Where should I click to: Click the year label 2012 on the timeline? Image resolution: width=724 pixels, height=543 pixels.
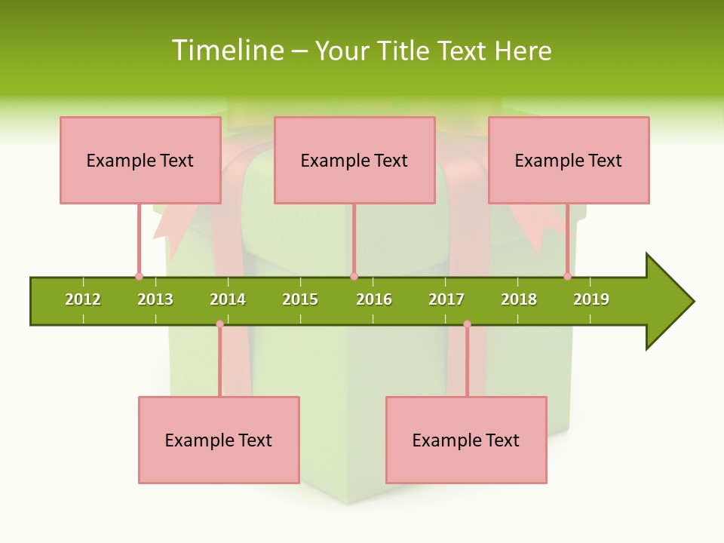tap(83, 300)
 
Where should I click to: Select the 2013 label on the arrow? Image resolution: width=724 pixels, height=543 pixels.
tap(155, 300)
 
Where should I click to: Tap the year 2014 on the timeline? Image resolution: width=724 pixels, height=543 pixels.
tap(228, 300)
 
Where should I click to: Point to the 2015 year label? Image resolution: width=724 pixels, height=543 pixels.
tap(300, 300)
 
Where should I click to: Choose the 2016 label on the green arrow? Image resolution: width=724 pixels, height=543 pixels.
tap(374, 300)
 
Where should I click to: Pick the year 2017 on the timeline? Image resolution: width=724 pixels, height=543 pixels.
tap(446, 300)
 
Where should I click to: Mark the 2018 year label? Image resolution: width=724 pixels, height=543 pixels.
tap(519, 300)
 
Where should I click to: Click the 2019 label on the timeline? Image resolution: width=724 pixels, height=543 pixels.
tap(591, 300)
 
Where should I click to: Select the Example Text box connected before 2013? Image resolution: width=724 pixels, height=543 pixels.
tap(140, 160)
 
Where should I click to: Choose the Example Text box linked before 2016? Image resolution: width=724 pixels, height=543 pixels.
tap(354, 160)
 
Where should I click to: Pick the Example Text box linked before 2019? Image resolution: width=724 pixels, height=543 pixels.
tap(569, 160)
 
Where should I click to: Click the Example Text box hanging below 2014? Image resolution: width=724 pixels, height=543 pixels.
tap(219, 440)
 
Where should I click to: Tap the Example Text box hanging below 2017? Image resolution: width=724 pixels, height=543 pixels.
tap(466, 440)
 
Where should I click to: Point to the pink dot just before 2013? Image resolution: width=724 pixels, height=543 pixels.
tap(139, 276)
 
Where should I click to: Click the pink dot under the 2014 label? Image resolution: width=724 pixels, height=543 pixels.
tap(219, 324)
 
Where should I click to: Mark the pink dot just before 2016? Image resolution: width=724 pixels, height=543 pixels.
tap(354, 276)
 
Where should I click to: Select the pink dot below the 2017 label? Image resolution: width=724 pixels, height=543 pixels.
tap(467, 324)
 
